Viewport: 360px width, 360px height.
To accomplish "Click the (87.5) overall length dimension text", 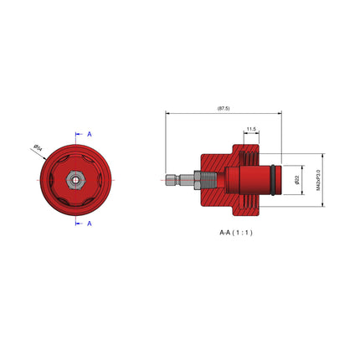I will pos(223,107).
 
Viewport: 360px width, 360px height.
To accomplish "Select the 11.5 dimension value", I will pos(251,130).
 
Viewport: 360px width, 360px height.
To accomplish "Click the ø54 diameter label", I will pos(38,147).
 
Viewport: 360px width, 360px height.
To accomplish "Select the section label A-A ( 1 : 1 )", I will pos(229,232).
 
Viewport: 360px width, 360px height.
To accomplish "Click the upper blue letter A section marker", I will pos(90,134).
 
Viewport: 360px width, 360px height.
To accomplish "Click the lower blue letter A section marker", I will pos(90,224).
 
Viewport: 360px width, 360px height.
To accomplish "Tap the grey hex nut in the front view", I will pos(75,178).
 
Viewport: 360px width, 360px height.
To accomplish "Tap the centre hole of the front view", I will pos(75,178).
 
